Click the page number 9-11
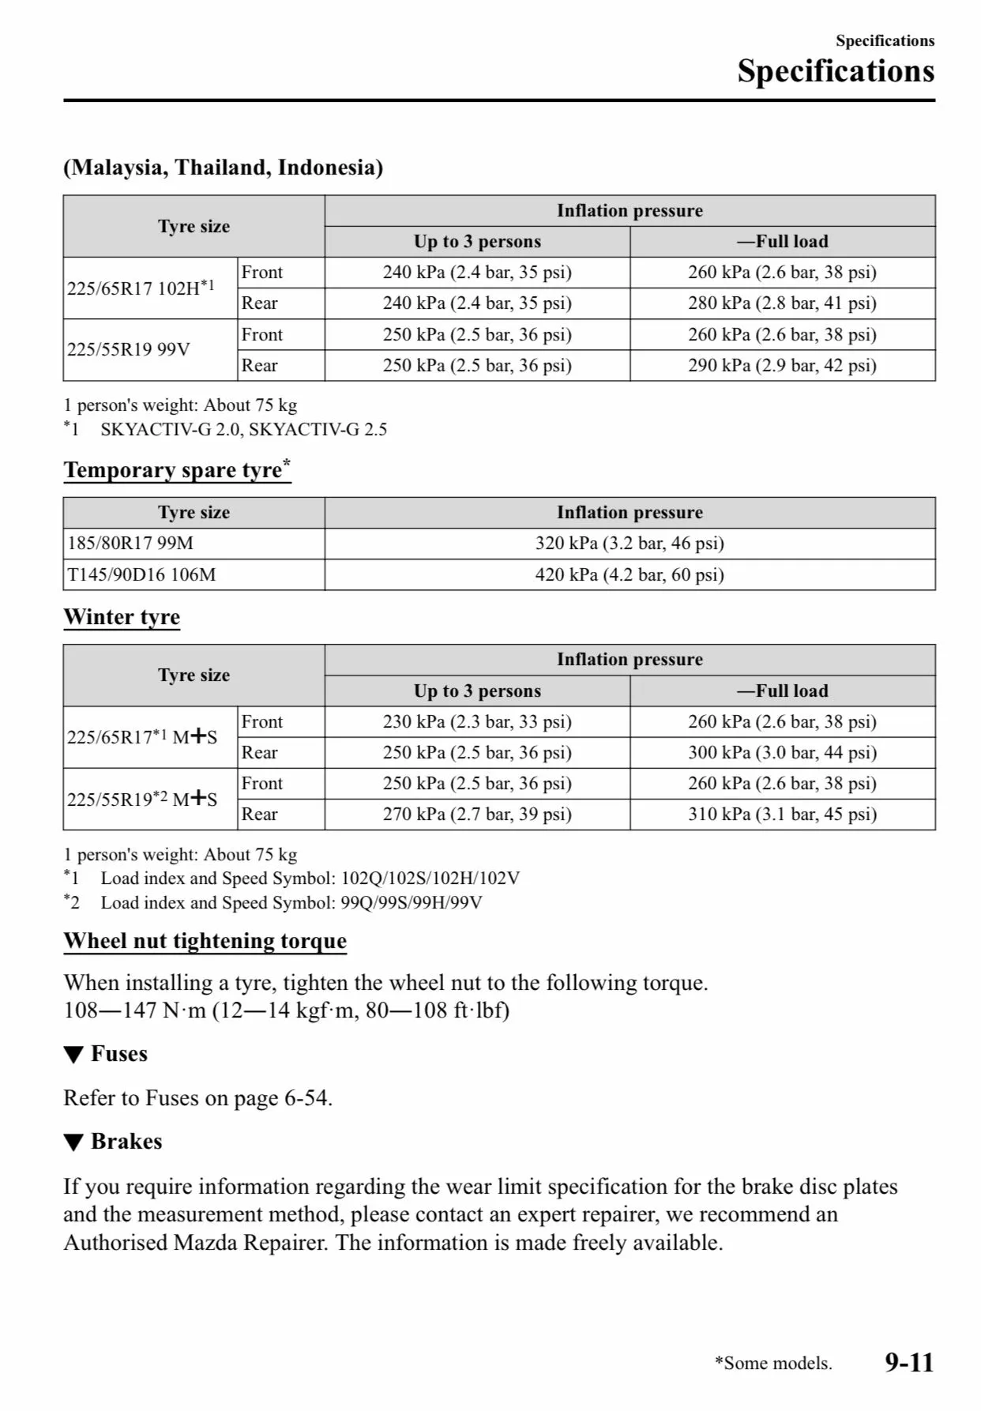click(x=909, y=1362)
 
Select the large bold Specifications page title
click(x=836, y=71)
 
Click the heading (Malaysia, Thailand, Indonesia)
click(x=224, y=167)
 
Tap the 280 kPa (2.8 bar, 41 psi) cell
click(x=782, y=303)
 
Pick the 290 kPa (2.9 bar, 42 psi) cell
click(x=782, y=366)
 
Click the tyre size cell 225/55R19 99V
click(x=129, y=350)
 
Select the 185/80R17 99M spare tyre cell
click(x=130, y=544)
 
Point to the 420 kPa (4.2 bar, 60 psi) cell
click(x=630, y=575)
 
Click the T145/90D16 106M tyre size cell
click(x=141, y=575)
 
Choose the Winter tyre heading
click(x=122, y=617)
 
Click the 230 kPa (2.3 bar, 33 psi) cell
click(x=477, y=722)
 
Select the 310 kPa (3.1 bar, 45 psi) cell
click(x=782, y=815)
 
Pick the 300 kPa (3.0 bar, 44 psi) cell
click(x=782, y=753)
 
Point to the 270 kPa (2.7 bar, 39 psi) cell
click(x=477, y=815)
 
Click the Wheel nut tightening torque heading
click(x=205, y=941)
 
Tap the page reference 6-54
click(x=306, y=1098)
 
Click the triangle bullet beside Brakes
click(x=73, y=1142)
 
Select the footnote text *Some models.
click(x=773, y=1364)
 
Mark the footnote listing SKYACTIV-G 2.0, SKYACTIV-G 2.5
click(x=243, y=430)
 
